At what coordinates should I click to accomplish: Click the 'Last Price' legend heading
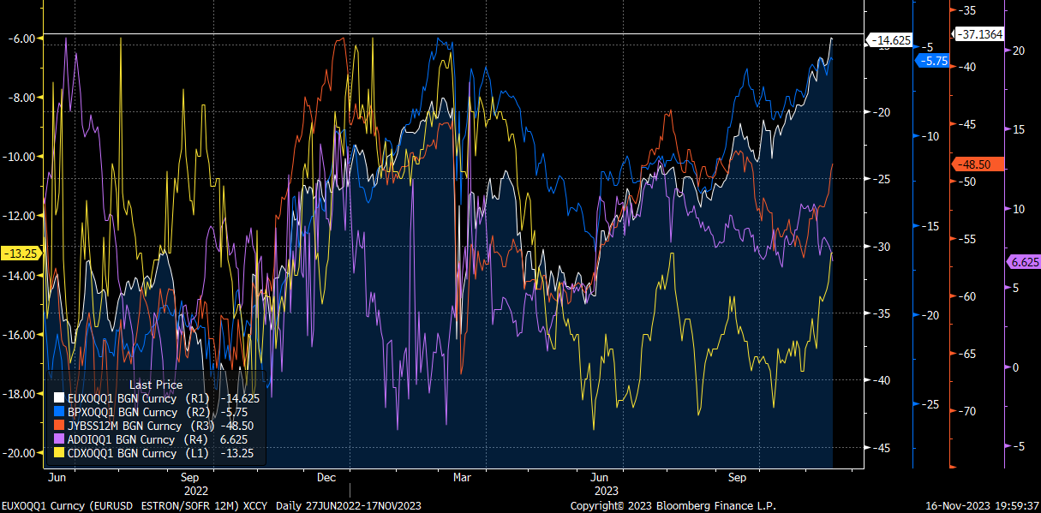(155, 385)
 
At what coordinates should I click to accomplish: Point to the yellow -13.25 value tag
(19, 254)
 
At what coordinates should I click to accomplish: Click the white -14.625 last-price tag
(891, 40)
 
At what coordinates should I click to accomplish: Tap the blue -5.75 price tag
(932, 61)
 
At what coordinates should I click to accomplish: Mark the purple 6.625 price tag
(1023, 262)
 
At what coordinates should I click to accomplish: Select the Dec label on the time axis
(326, 477)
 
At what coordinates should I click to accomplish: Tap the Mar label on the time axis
(462, 477)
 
